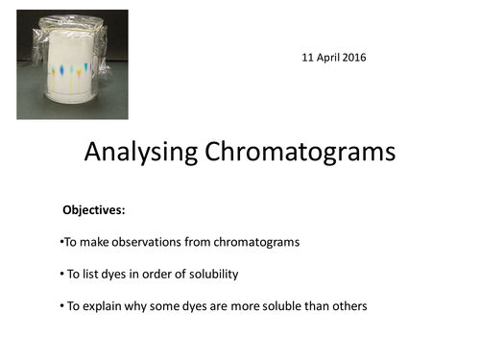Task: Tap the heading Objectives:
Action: pyautogui.click(x=94, y=209)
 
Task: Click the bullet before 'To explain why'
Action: pyautogui.click(x=60, y=306)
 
